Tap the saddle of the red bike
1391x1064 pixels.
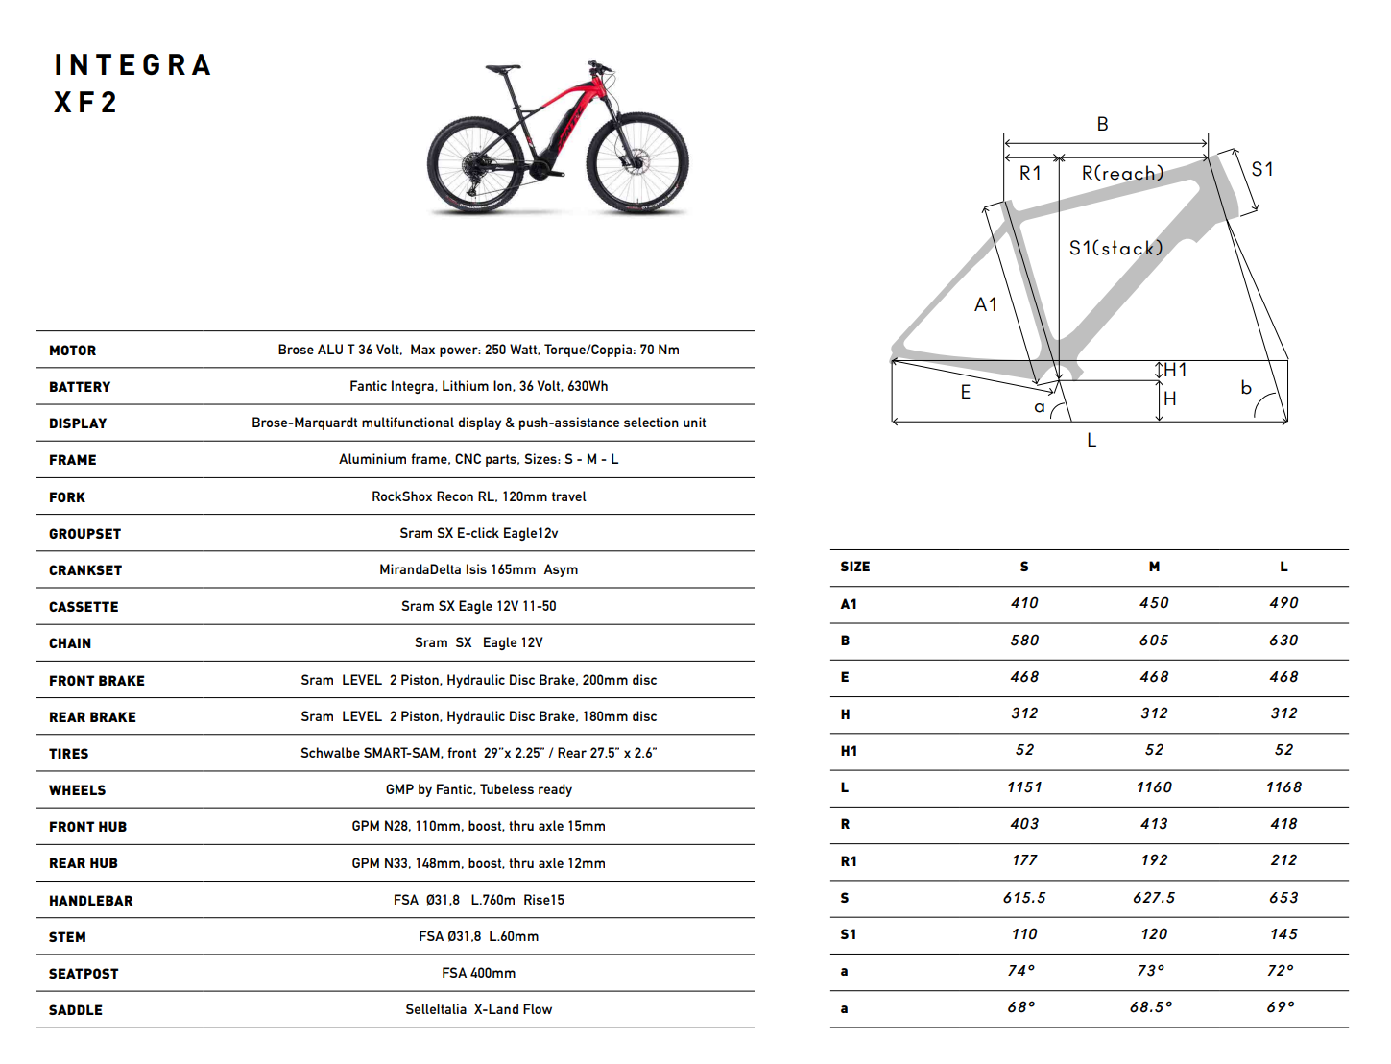(502, 69)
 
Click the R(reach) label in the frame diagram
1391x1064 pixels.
(1122, 173)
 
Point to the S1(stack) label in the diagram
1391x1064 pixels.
(1115, 248)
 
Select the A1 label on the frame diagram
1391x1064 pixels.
(986, 304)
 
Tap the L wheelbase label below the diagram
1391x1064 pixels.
(1091, 440)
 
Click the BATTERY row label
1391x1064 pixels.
(80, 387)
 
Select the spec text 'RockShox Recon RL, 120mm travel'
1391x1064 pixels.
(478, 496)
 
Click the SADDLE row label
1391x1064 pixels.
(76, 1010)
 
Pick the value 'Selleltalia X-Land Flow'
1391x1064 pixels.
(478, 1009)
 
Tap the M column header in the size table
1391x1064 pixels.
(1154, 567)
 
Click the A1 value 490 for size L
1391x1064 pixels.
(1283, 603)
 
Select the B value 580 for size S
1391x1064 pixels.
(1024, 641)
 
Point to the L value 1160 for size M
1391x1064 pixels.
(1154, 787)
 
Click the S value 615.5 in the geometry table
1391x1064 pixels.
(1024, 898)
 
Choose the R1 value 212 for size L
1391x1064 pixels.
(1283, 860)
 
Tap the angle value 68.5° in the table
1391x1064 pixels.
(1151, 1007)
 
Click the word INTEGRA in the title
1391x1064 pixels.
(132, 65)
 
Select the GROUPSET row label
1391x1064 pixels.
(85, 534)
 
